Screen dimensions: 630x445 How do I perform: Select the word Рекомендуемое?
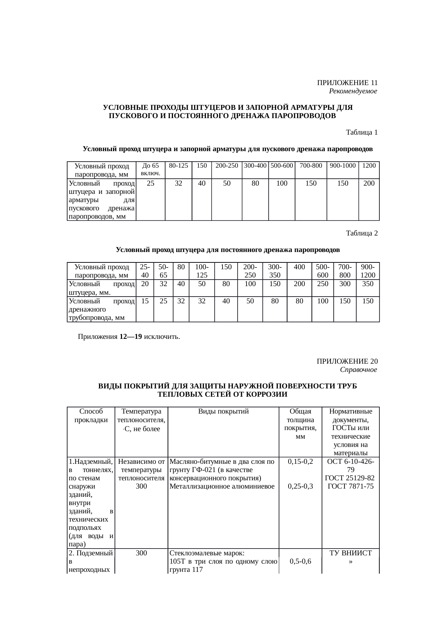tap(353, 91)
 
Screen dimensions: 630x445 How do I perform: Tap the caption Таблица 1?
tap(361, 132)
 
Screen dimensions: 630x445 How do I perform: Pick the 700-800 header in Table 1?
tap(310, 166)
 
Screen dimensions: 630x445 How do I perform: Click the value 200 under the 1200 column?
tap(369, 183)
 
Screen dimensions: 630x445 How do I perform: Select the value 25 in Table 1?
tap(151, 183)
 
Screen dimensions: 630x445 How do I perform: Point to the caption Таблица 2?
tap(361, 233)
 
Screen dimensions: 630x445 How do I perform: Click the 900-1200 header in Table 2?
tap(367, 271)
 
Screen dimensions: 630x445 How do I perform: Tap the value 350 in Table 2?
tap(367, 284)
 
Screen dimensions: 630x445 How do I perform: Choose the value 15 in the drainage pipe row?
tap(145, 301)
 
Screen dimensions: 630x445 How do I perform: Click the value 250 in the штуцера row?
tap(322, 284)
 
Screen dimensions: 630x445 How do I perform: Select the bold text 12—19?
tap(131, 337)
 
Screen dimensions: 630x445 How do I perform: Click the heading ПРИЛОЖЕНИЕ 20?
tap(347, 361)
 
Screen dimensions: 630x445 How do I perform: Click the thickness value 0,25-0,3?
tap(300, 486)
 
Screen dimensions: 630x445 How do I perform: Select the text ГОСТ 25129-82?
tap(350, 478)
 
